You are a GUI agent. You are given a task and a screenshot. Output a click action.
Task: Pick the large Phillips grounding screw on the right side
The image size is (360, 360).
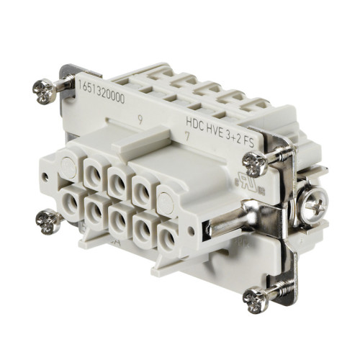pyautogui.click(x=315, y=207)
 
